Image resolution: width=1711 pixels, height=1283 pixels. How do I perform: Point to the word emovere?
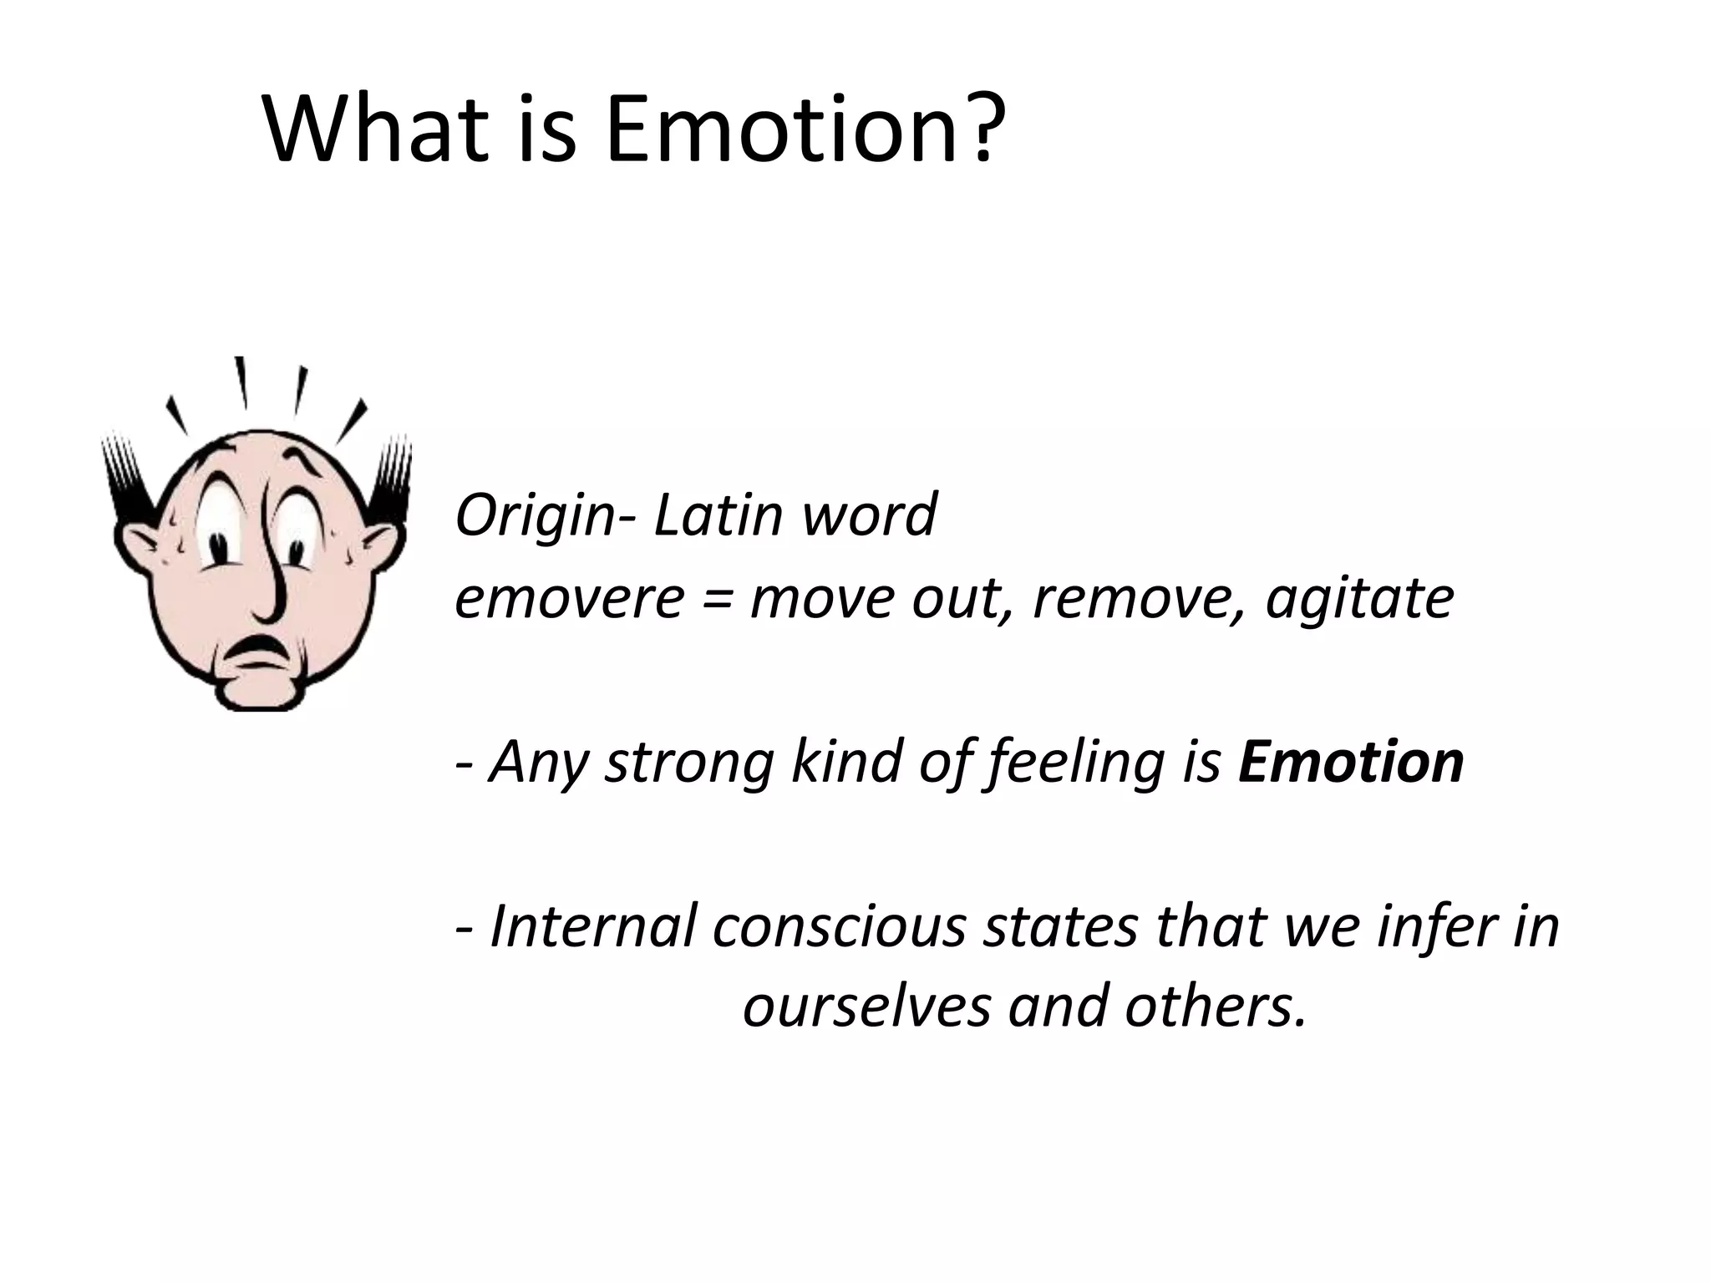(x=569, y=598)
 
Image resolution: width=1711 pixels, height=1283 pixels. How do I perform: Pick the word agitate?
(x=1359, y=600)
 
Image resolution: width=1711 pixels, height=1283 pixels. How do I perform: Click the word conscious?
(x=839, y=927)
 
